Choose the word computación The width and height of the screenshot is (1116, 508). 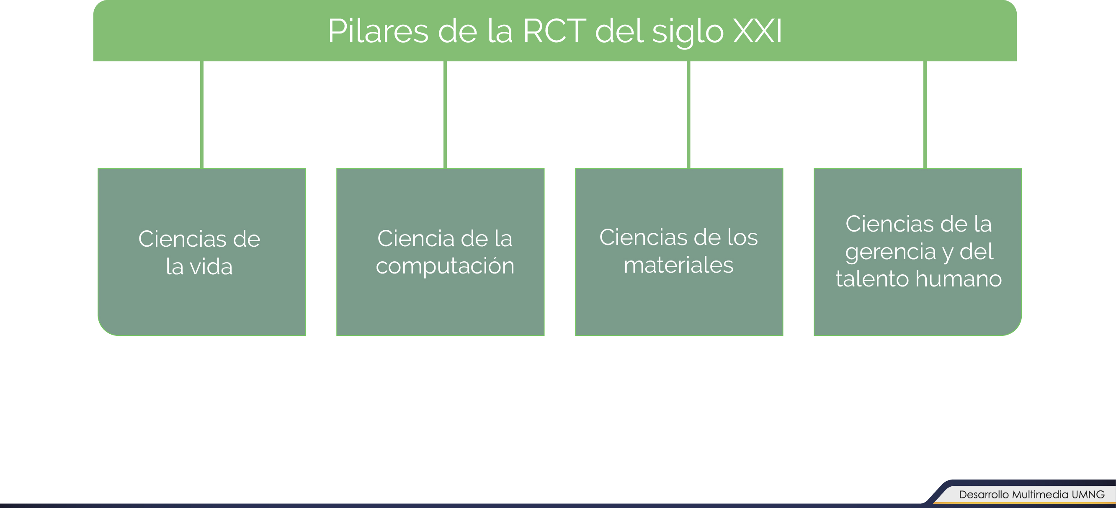445,266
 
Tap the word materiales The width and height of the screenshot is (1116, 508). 678,265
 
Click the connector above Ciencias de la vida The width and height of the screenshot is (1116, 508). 202,114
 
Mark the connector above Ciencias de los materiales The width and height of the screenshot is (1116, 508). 688,114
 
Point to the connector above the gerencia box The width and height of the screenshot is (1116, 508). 925,114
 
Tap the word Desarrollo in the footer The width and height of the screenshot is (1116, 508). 983,495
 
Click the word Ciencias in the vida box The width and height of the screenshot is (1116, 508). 181,239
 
